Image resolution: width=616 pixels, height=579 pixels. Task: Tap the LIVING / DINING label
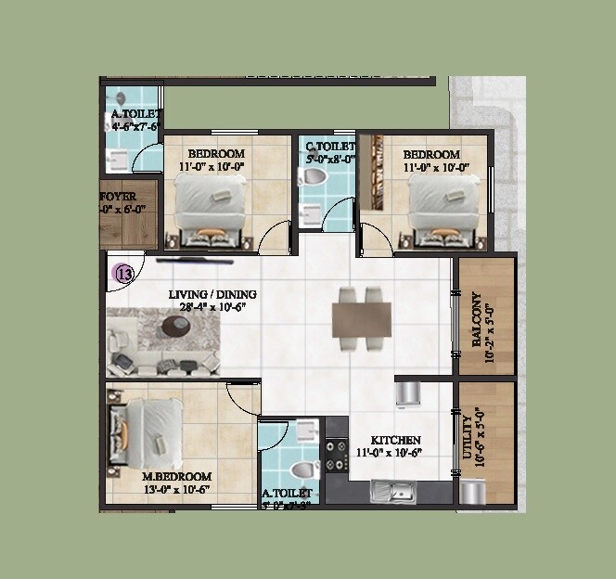[212, 295]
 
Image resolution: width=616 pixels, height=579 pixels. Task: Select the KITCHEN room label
[396, 440]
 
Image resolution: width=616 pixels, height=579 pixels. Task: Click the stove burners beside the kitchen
[335, 455]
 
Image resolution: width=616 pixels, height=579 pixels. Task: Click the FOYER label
[117, 197]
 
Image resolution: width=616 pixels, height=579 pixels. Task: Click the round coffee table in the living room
[175, 325]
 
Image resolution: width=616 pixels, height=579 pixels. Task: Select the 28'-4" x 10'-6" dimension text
[212, 308]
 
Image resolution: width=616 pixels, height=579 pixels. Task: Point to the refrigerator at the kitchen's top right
[408, 392]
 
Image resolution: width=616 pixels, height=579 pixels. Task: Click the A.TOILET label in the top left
[137, 115]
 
